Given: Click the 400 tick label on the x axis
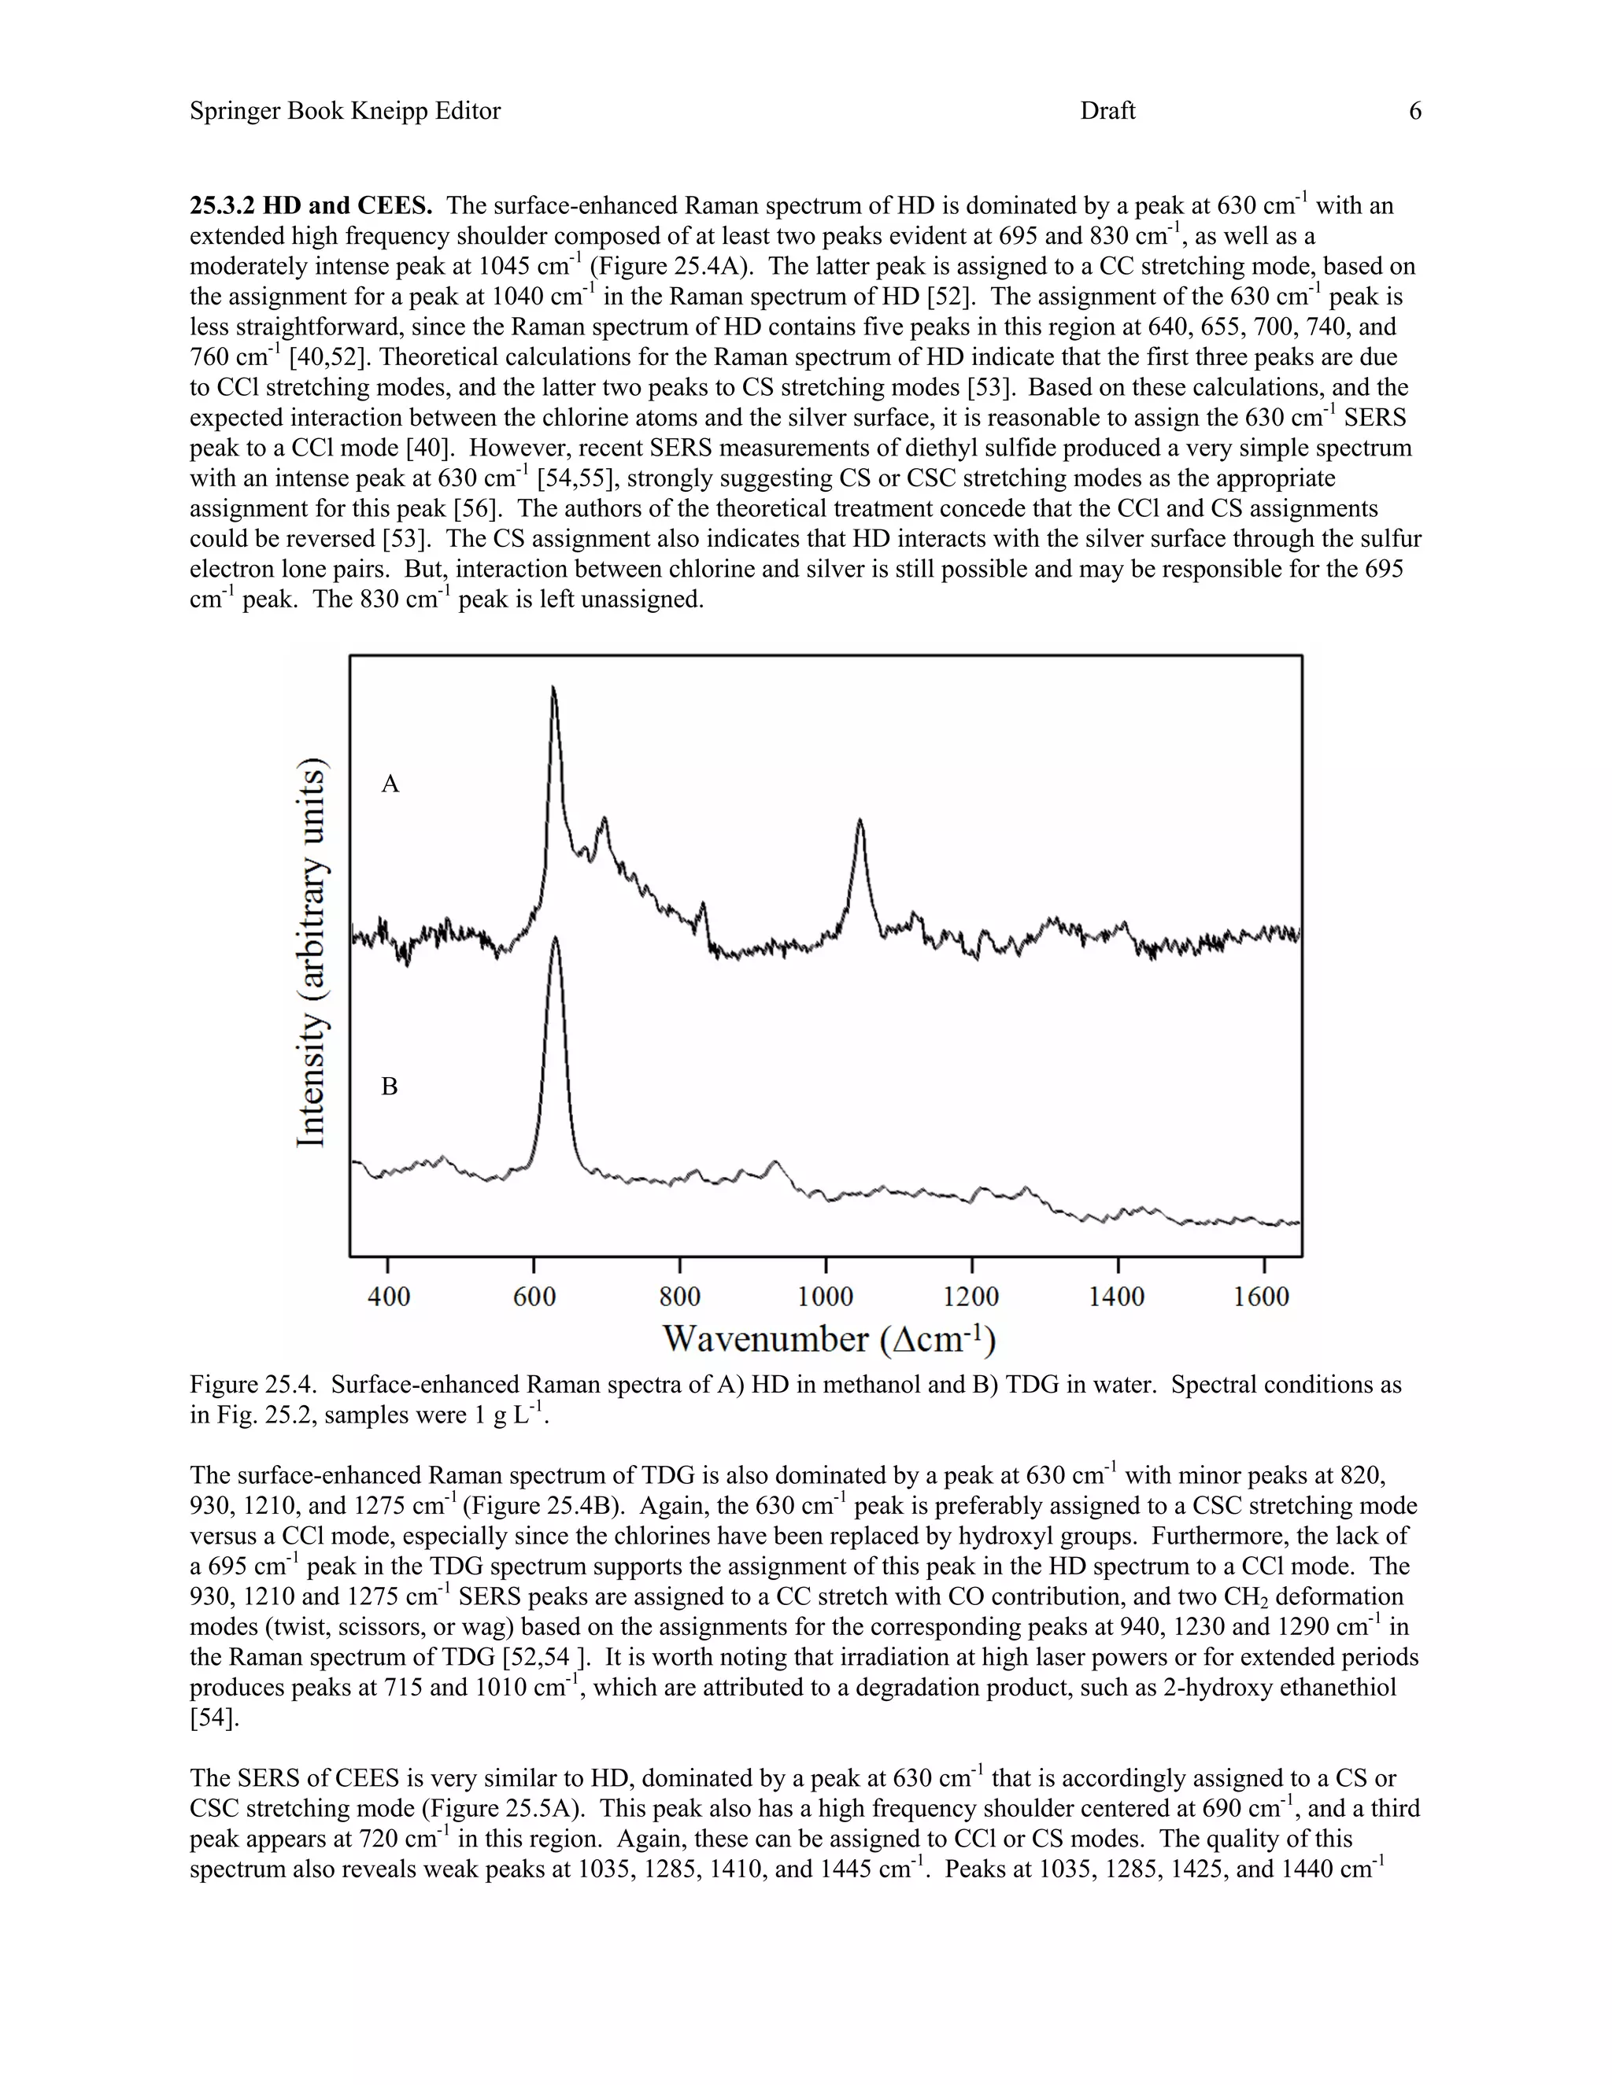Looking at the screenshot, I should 389,1297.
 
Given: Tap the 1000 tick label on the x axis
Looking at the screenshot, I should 825,1297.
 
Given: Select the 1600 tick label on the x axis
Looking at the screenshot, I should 1262,1297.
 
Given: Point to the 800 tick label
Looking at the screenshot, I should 679,1297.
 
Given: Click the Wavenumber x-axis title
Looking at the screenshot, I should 829,1338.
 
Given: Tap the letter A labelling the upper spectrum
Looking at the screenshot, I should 390,784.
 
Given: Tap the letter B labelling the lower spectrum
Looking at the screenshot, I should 390,1087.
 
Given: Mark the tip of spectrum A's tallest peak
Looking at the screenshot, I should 554,688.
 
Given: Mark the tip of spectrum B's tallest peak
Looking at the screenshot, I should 556,938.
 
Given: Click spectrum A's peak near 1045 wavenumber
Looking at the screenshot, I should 860,820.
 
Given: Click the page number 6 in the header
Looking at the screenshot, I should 1415,111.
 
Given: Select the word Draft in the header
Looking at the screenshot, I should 1107,111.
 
